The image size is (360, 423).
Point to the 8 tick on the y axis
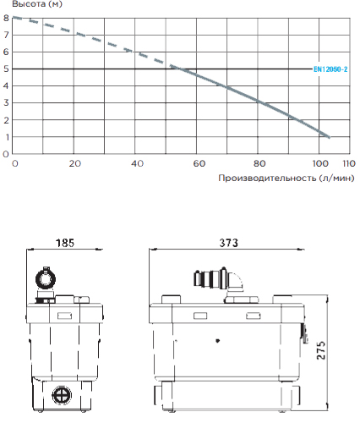tap(6, 18)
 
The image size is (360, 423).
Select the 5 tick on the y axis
tap(6, 69)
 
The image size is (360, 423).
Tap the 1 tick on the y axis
tap(6, 137)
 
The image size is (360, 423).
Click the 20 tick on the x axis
tap(75, 164)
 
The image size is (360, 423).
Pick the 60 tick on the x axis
tap(198, 164)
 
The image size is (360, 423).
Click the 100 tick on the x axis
tap(319, 164)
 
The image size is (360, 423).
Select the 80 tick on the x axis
tap(259, 164)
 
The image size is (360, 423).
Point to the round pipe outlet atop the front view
tap(44, 278)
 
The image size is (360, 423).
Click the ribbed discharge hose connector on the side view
tap(207, 280)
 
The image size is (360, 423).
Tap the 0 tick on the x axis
tap(14, 164)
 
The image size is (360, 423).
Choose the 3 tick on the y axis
tap(6, 103)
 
